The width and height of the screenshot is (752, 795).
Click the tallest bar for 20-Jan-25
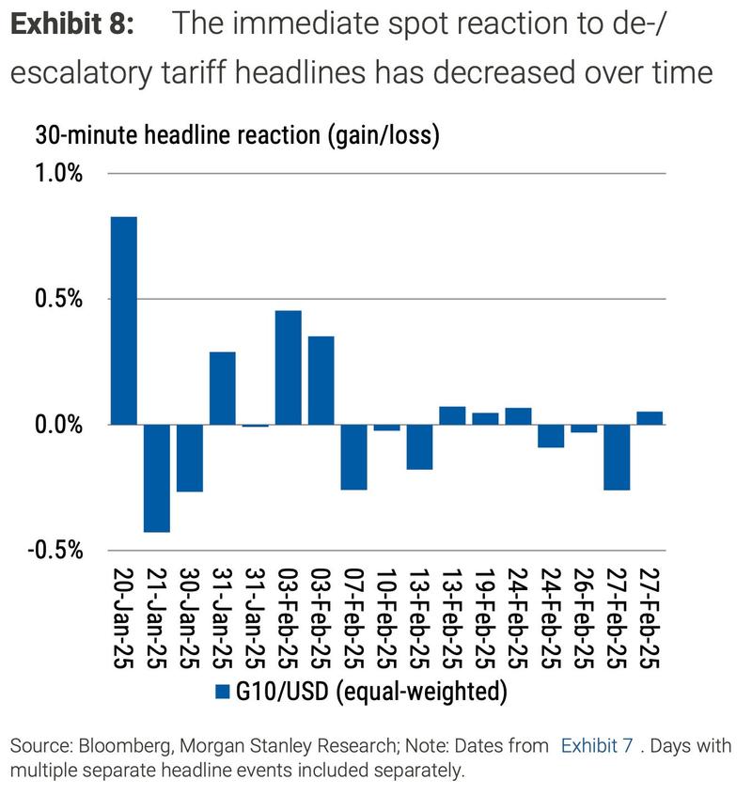(x=124, y=320)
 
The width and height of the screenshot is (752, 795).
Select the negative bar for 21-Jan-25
(x=157, y=478)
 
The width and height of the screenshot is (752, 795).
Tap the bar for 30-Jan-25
(x=190, y=458)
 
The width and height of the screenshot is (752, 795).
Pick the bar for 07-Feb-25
(x=353, y=457)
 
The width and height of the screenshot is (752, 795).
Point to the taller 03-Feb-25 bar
(x=288, y=367)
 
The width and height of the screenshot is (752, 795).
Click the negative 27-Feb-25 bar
(x=617, y=457)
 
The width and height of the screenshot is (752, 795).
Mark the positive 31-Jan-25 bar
(x=223, y=388)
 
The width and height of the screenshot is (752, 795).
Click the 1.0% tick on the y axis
(x=59, y=174)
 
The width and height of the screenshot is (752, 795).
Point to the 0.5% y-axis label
(x=59, y=299)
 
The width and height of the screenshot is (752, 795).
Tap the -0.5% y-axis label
(x=56, y=550)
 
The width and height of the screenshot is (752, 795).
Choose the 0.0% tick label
(x=59, y=425)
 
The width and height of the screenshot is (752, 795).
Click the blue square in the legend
(x=223, y=692)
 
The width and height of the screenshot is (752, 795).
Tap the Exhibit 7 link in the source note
(x=596, y=746)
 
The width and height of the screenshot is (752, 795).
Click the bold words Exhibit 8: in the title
(x=72, y=25)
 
